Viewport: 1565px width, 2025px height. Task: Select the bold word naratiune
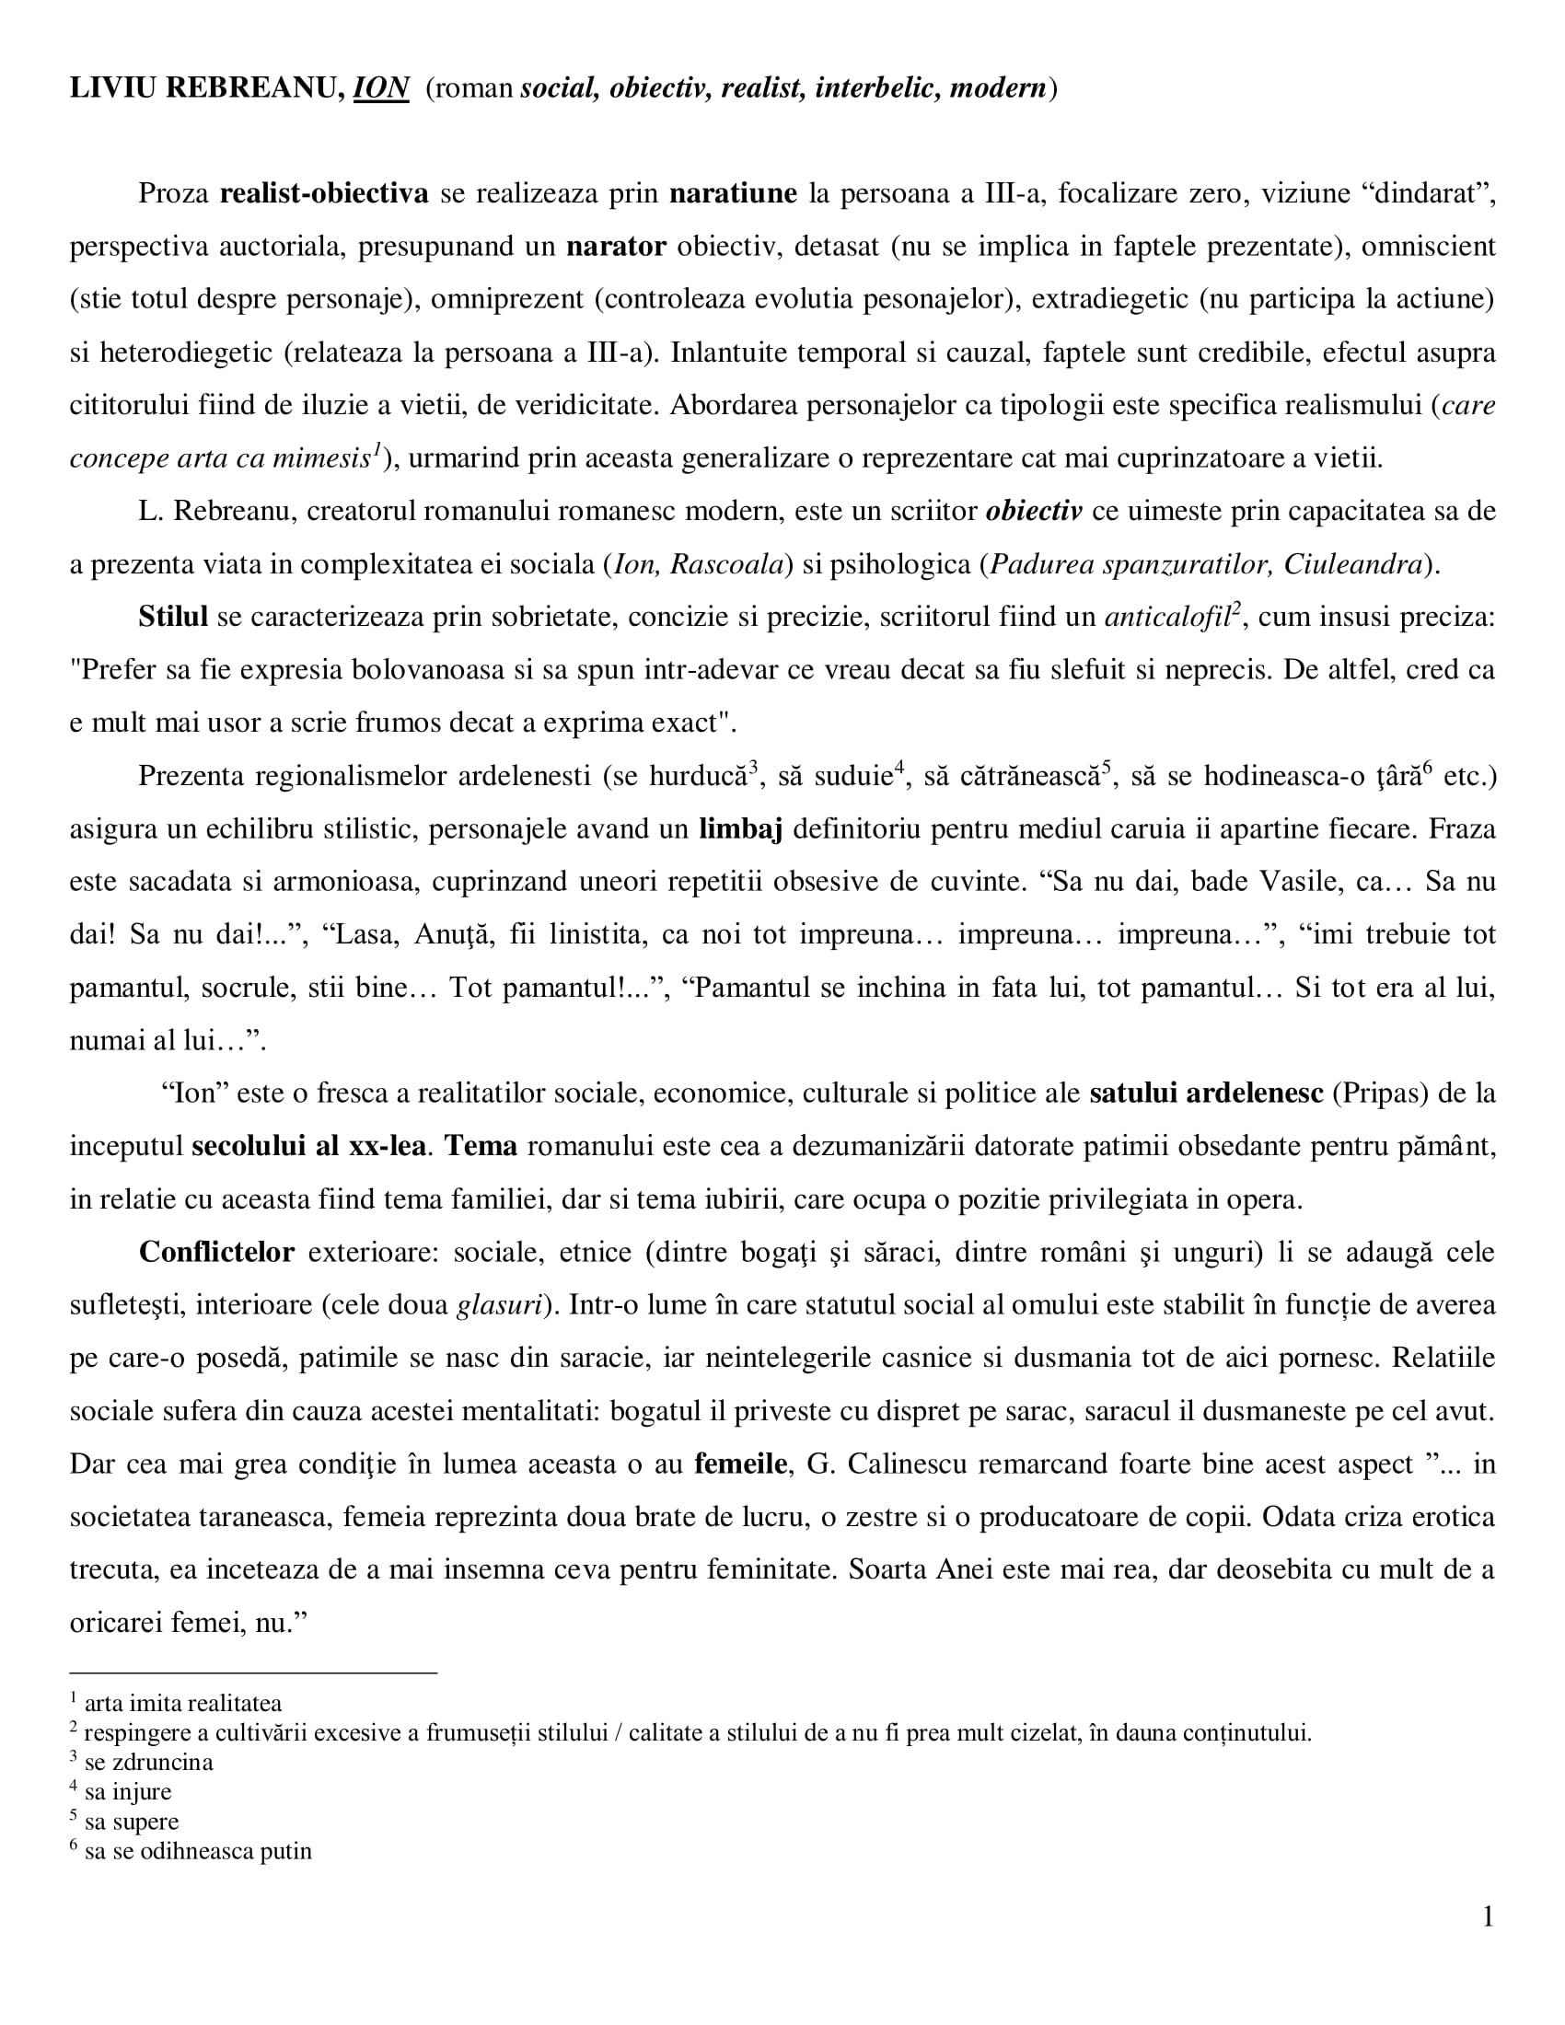point(733,194)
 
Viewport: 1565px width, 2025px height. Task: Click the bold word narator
point(616,247)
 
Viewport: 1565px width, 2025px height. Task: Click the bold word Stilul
point(173,618)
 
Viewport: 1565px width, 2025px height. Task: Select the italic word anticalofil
point(1165,618)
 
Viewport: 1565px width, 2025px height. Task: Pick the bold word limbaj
point(740,829)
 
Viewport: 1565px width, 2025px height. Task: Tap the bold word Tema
point(481,1147)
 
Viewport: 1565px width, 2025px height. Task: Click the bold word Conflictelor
point(216,1253)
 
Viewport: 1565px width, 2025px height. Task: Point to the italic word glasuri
point(499,1305)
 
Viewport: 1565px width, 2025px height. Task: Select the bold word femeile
point(741,1464)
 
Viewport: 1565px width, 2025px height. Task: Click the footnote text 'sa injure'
point(128,1792)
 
